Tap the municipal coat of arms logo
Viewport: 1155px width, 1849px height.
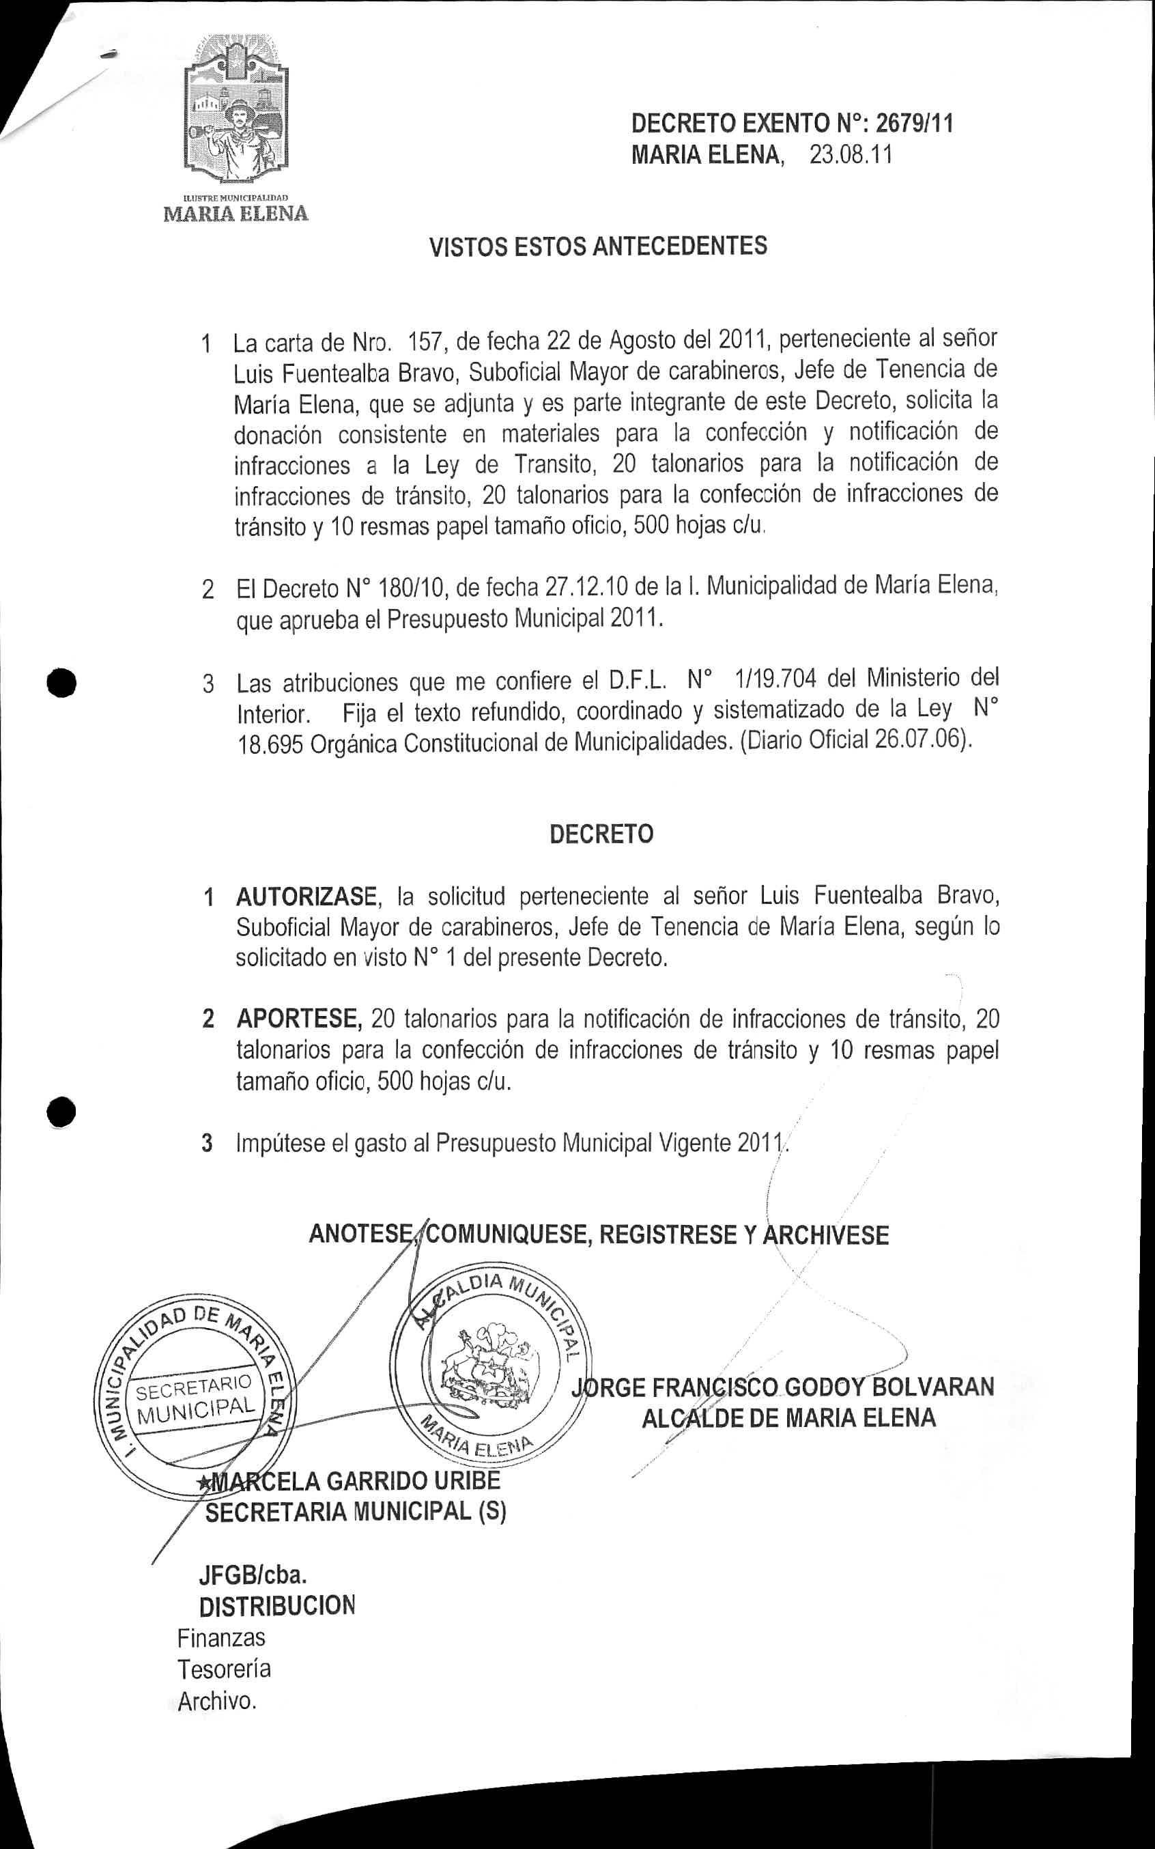(x=238, y=111)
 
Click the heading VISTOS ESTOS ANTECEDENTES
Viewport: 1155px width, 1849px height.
(x=598, y=246)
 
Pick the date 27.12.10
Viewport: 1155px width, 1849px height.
(x=586, y=587)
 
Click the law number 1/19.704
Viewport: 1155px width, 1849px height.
(x=775, y=679)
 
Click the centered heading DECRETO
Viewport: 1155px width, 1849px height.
(x=601, y=834)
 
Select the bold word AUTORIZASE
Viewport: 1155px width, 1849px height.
(x=306, y=895)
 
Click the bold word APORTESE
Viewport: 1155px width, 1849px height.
(x=299, y=1019)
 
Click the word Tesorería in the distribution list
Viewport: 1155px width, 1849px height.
(x=224, y=1668)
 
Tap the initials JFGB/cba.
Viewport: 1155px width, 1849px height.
(x=253, y=1575)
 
